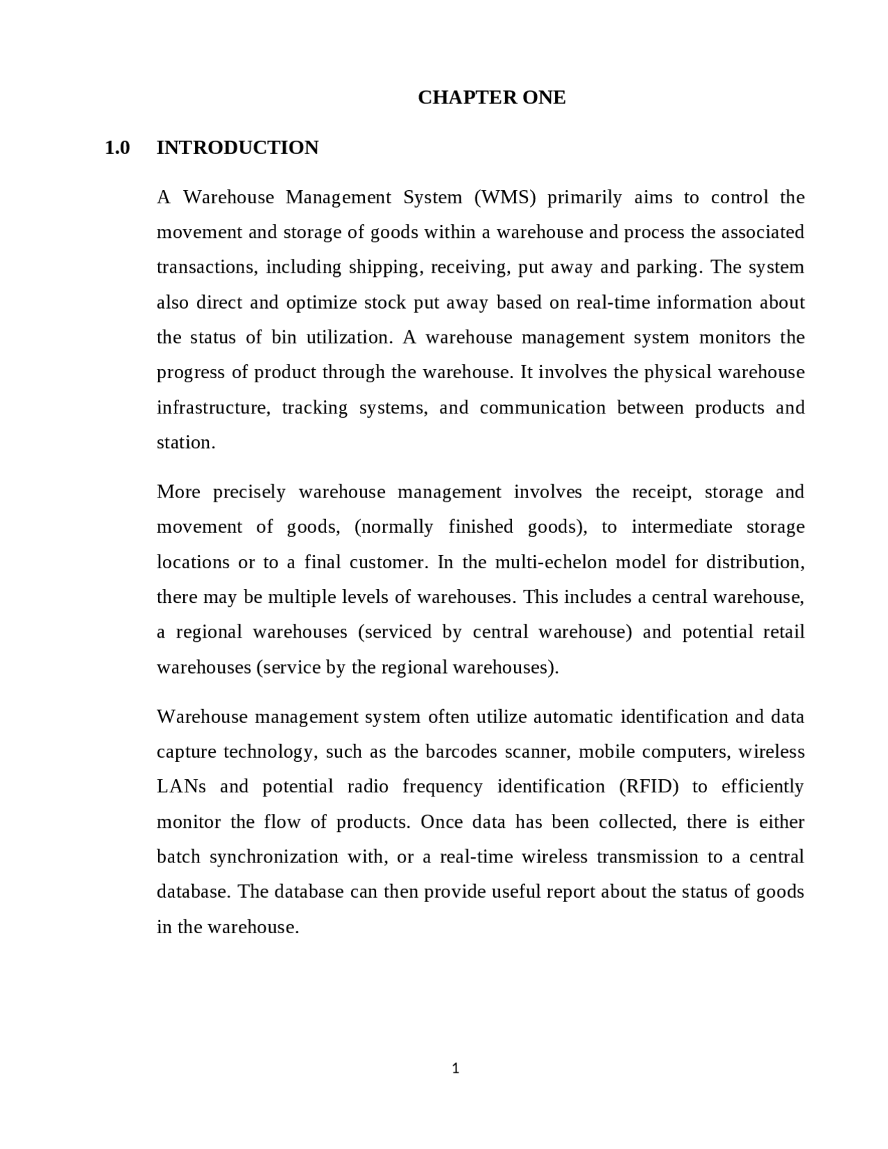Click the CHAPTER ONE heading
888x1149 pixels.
pos(491,97)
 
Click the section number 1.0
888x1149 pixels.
pos(117,148)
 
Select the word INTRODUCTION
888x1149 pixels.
pos(237,148)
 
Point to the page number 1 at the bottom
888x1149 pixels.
pos(455,1069)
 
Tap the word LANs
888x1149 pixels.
pos(181,787)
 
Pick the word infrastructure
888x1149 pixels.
pos(212,408)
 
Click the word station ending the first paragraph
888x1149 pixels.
pos(185,443)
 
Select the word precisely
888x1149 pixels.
pos(249,493)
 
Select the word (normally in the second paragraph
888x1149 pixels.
pos(393,527)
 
